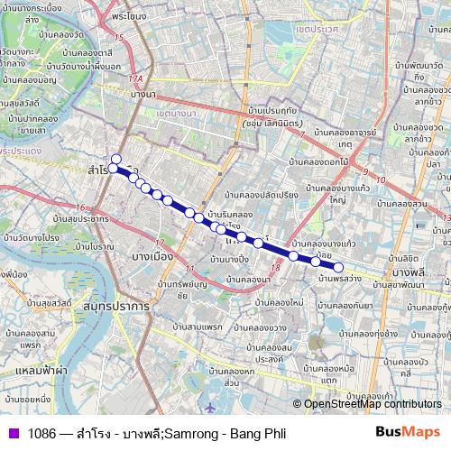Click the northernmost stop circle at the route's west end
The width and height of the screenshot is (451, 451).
[115, 160]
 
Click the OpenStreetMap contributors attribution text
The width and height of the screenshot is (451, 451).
[373, 405]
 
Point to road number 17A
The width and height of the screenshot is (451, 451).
[134, 78]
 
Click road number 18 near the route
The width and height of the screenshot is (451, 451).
[276, 268]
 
